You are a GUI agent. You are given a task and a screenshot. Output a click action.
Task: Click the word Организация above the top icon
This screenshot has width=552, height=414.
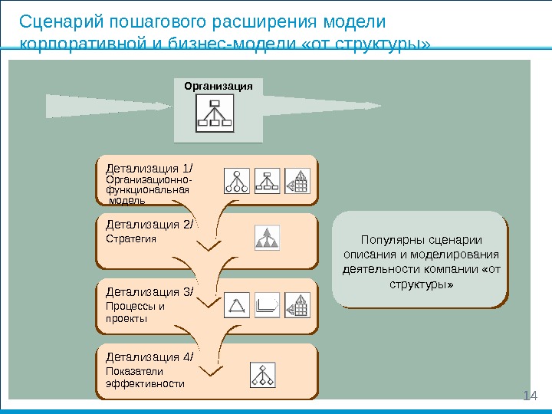click(x=219, y=86)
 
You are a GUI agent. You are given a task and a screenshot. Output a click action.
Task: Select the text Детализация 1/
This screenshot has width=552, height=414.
click(x=150, y=168)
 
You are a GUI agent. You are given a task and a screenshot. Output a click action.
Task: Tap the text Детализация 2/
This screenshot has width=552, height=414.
click(x=150, y=225)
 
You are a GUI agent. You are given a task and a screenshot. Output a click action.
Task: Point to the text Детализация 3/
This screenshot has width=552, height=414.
click(x=150, y=291)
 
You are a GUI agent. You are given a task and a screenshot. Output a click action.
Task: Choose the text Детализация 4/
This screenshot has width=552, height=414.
click(x=150, y=356)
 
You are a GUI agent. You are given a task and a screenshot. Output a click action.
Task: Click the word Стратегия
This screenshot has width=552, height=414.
click(x=130, y=239)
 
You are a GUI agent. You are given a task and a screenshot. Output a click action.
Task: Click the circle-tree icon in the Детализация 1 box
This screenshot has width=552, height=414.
click(x=237, y=180)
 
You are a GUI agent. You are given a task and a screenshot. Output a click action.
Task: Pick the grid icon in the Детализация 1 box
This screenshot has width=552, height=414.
click(x=297, y=180)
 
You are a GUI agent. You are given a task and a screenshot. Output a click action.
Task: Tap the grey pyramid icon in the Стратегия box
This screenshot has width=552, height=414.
click(x=268, y=238)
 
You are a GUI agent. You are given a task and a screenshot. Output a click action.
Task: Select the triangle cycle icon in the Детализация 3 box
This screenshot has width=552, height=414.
click(x=237, y=305)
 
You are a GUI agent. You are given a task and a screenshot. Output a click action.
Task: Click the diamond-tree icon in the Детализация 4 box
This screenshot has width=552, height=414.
click(x=263, y=373)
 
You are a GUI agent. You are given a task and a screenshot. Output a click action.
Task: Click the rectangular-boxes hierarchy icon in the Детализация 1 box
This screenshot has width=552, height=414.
click(x=267, y=180)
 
